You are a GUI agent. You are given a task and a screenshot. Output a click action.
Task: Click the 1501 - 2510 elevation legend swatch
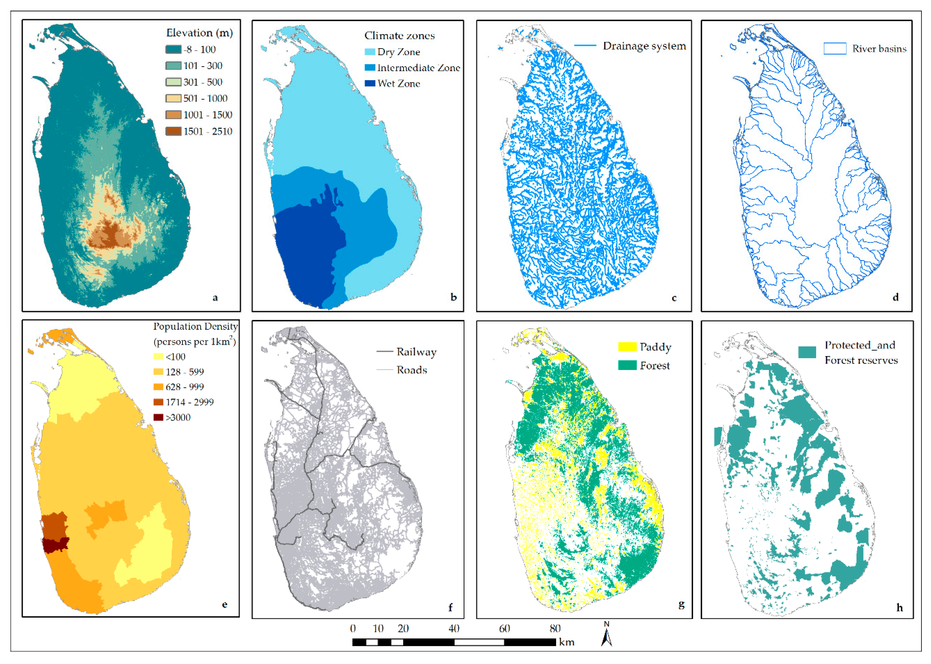pyautogui.click(x=173, y=131)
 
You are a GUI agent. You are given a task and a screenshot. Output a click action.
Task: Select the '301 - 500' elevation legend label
pyautogui.click(x=203, y=82)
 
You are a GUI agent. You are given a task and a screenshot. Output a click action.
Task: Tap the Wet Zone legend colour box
pyautogui.click(x=370, y=83)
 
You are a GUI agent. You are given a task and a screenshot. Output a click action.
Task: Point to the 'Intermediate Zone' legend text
pyautogui.click(x=419, y=68)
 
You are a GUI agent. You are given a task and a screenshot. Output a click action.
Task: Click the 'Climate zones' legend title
pyautogui.click(x=399, y=36)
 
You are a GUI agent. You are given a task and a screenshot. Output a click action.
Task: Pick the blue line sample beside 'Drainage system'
pyautogui.click(x=585, y=45)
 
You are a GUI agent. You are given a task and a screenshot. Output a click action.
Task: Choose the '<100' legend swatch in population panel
pyautogui.click(x=158, y=356)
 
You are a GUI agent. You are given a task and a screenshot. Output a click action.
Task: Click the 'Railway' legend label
pyautogui.click(x=416, y=352)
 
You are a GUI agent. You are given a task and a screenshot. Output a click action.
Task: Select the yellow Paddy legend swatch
pyautogui.click(x=627, y=347)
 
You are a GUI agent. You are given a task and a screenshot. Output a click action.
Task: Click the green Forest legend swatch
pyautogui.click(x=627, y=365)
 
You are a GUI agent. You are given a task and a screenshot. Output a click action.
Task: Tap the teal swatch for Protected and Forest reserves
pyautogui.click(x=807, y=352)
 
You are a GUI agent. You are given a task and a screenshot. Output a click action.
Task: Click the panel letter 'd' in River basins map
pyautogui.click(x=895, y=297)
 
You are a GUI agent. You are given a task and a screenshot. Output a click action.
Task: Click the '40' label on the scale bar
pyautogui.click(x=454, y=628)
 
